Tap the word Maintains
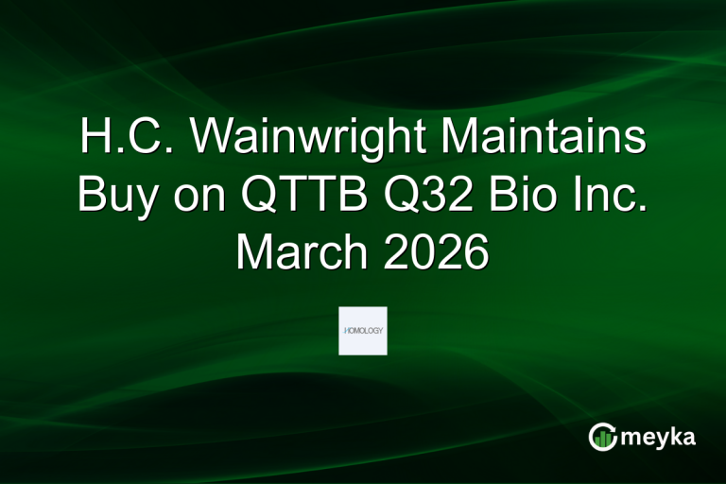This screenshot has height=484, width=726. pyautogui.click(x=534, y=139)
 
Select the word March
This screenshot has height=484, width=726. pyautogui.click(x=298, y=251)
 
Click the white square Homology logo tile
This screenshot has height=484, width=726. pyautogui.click(x=363, y=330)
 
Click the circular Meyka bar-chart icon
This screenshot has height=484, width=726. pyautogui.click(x=601, y=437)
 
